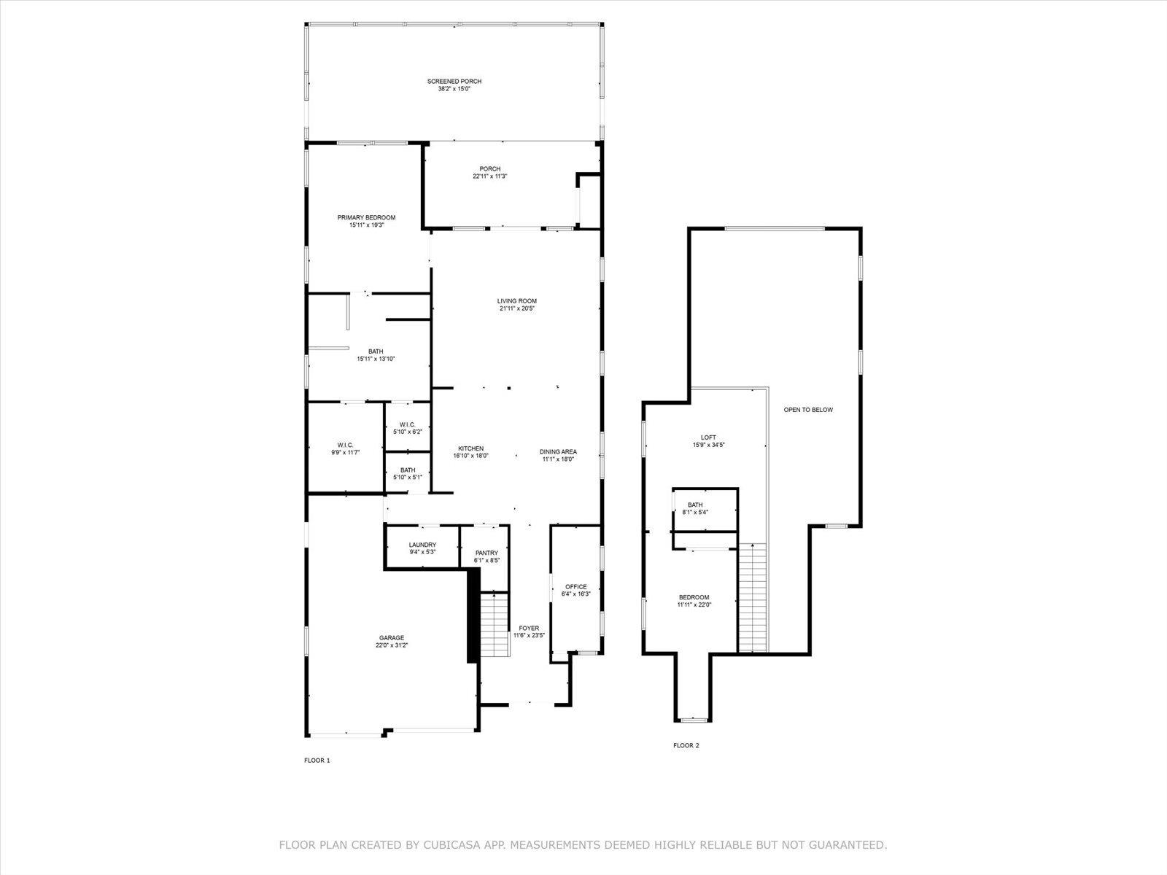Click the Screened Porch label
[454, 81]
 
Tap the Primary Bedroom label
[366, 217]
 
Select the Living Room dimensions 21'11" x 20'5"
[517, 308]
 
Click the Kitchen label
[470, 448]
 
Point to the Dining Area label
[558, 451]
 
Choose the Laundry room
[422, 547]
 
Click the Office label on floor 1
[575, 586]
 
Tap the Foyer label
[529, 628]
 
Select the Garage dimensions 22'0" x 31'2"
[391, 645]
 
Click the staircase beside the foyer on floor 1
[495, 625]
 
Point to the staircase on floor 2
[753, 597]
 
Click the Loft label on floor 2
[708, 437]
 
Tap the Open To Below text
[808, 410]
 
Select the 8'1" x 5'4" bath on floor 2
[705, 509]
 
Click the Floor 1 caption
[317, 761]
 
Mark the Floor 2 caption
[686, 745]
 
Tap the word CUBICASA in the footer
[446, 844]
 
